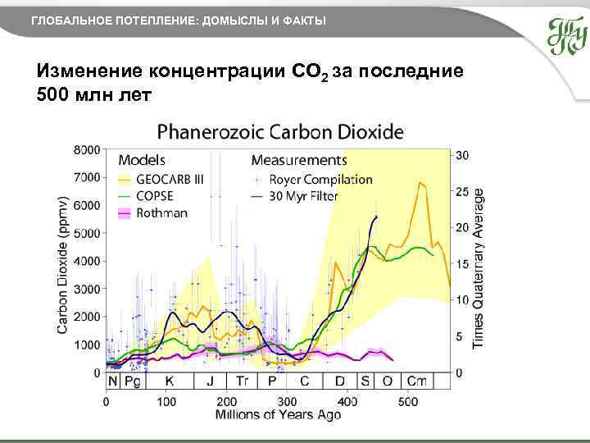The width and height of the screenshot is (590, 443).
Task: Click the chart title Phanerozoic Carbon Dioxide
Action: click(280, 131)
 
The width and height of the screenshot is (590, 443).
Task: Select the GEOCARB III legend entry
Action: click(170, 179)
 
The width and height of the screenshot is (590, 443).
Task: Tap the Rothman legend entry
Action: click(161, 213)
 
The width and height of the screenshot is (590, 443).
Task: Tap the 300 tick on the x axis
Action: click(287, 402)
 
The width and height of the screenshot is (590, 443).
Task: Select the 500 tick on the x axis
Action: click(408, 402)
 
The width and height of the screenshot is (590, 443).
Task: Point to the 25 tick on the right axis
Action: click(462, 192)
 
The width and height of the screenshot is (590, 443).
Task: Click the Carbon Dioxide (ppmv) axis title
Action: click(62, 264)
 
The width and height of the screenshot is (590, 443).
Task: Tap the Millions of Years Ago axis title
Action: click(278, 415)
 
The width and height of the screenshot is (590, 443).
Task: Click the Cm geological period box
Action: click(417, 381)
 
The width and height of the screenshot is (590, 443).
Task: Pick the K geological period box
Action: click(170, 381)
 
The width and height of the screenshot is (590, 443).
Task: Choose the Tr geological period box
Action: click(243, 381)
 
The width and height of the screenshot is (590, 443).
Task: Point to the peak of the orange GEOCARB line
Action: click(420, 182)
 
